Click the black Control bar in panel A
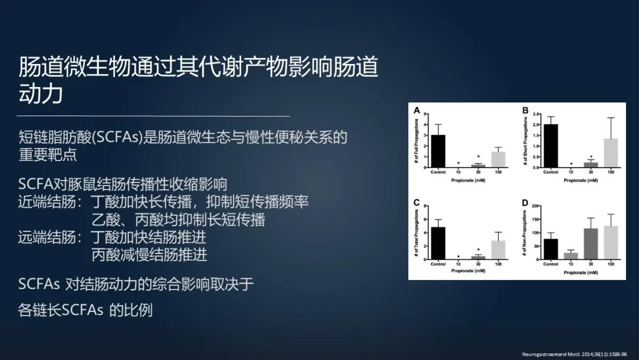click(438, 152)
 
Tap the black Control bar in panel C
click(438, 243)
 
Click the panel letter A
click(417, 111)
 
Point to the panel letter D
click(524, 203)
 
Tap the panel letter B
click(524, 111)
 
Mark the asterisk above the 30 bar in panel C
click(478, 250)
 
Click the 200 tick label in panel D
click(537, 206)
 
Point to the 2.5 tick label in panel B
click(536, 114)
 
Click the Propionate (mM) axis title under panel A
click(468, 178)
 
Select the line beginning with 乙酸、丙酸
click(178, 220)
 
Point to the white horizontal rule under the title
click(154, 116)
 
